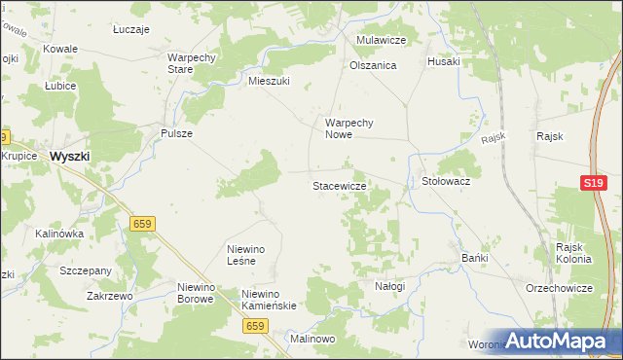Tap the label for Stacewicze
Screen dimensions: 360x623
pos(339,185)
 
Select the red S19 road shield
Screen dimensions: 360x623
pos(595,183)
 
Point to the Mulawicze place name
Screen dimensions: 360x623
pos(381,40)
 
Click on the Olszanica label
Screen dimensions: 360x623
pos(373,65)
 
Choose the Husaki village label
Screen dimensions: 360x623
pos(444,60)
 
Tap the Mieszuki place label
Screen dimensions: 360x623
pos(270,82)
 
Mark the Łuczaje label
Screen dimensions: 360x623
pos(130,30)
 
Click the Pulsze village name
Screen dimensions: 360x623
pos(176,133)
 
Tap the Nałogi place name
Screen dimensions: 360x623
pos(389,286)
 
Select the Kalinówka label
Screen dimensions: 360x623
pos(59,234)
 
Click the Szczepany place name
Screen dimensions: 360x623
pos(86,270)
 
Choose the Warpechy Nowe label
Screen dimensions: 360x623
pos(350,129)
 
